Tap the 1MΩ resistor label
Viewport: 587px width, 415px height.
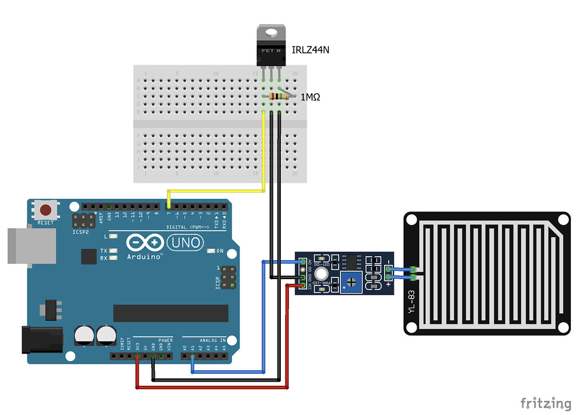310,97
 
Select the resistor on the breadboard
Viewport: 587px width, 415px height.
277,97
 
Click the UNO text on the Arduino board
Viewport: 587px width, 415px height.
185,243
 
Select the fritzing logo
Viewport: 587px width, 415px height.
545,402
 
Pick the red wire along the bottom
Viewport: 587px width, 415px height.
212,388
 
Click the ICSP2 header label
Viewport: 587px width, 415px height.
81,233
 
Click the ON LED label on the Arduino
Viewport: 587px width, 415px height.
220,251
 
